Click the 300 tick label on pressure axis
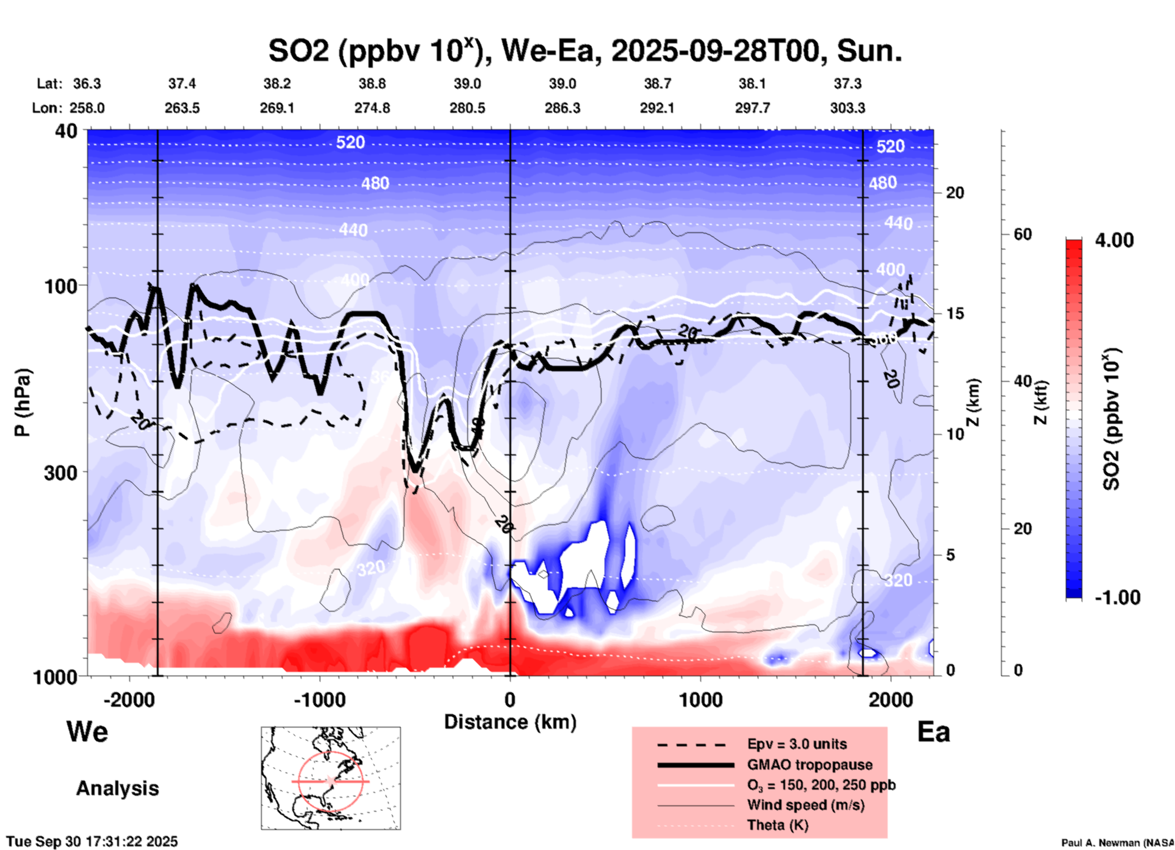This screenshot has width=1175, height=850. [x=60, y=473]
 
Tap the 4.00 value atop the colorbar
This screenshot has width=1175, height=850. [x=1114, y=240]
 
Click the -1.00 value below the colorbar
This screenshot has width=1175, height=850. [x=1117, y=598]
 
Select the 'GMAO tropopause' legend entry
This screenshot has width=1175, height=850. [x=810, y=765]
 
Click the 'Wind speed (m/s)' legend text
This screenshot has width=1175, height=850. [x=805, y=805]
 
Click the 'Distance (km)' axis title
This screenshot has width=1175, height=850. [x=510, y=722]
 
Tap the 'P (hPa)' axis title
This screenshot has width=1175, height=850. [x=23, y=402]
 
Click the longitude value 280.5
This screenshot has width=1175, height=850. [x=467, y=108]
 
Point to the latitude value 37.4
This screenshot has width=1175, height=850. [x=182, y=84]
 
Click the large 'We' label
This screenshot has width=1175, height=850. [x=87, y=732]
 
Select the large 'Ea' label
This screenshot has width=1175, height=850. [x=933, y=732]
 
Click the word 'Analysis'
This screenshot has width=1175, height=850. [x=117, y=788]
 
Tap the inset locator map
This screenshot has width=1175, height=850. [x=331, y=778]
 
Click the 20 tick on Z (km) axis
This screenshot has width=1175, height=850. [x=955, y=193]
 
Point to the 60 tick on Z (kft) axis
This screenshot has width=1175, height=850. [x=1022, y=234]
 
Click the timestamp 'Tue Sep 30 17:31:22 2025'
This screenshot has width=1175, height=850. [x=92, y=841]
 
